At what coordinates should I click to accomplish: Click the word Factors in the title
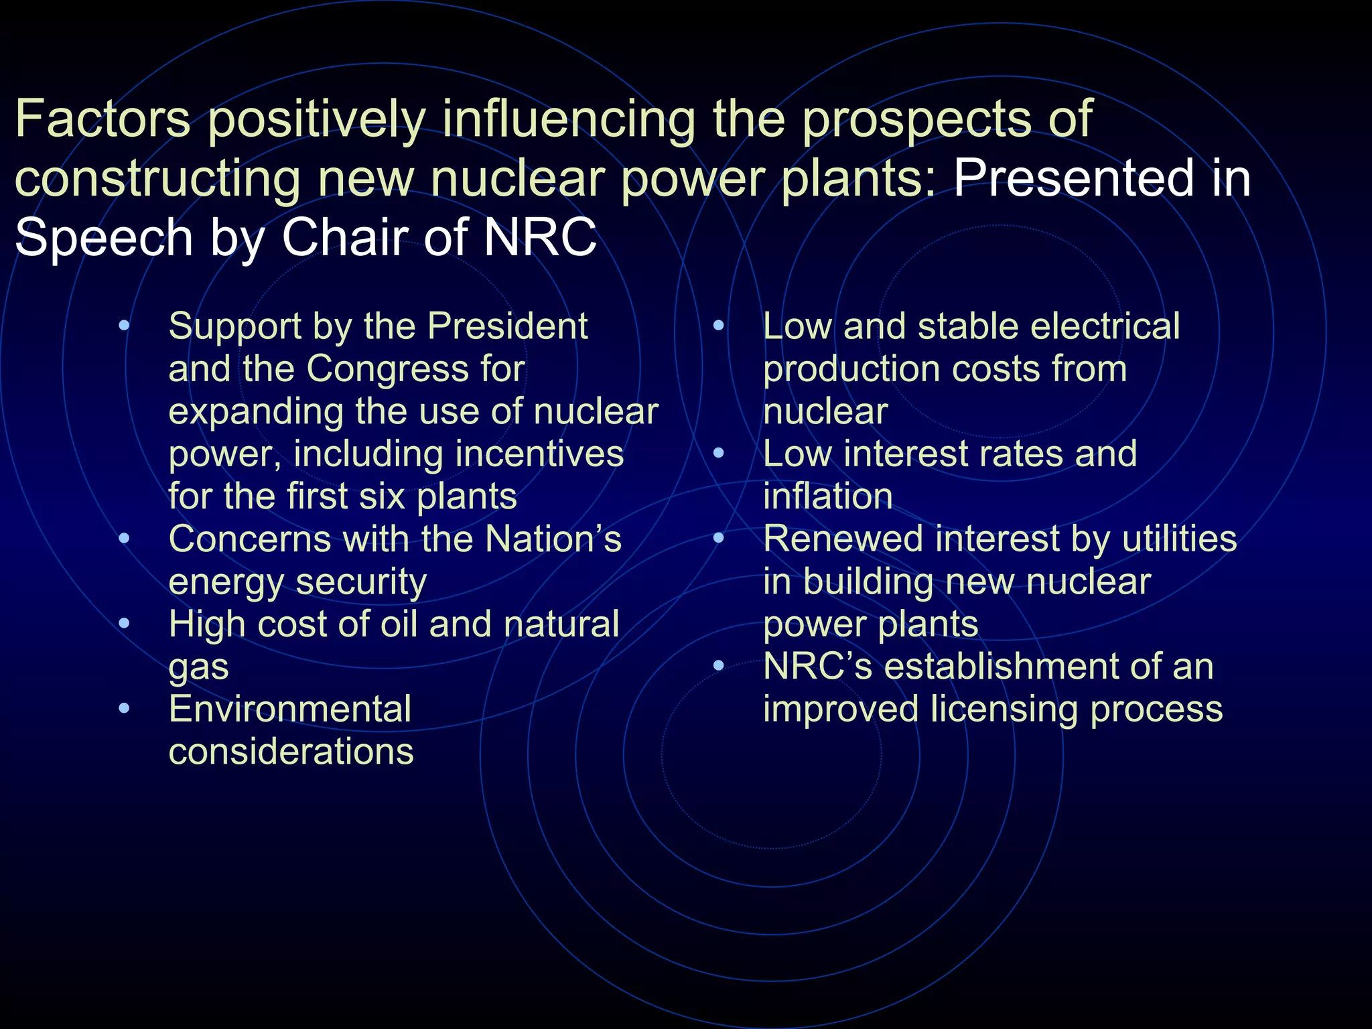point(102,119)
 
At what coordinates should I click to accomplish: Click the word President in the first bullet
point(507,327)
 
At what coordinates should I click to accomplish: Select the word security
point(361,581)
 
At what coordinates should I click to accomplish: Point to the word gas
point(198,669)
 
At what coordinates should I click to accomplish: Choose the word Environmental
point(290,709)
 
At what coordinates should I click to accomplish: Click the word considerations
point(291,752)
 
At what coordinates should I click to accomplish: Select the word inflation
point(827,496)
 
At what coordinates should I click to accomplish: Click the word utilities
point(1179,539)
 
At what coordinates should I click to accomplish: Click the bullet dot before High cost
point(124,624)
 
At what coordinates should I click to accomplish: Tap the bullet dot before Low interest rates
point(719,454)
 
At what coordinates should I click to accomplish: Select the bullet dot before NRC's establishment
point(719,666)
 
